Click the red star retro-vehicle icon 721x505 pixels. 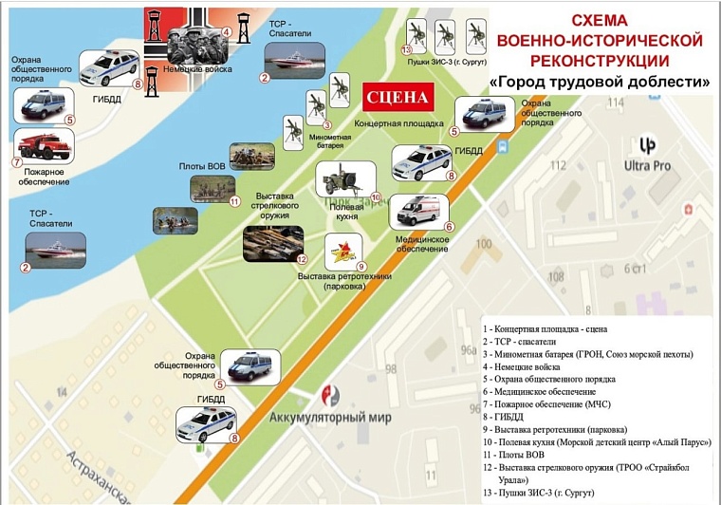click(343, 251)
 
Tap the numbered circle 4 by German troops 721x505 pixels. click(227, 31)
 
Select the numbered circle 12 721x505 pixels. click(303, 259)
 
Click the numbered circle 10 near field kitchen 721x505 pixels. click(376, 196)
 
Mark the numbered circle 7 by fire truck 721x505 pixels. click(17, 161)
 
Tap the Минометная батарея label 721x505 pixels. click(329, 141)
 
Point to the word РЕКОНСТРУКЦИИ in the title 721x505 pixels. click(599, 61)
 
